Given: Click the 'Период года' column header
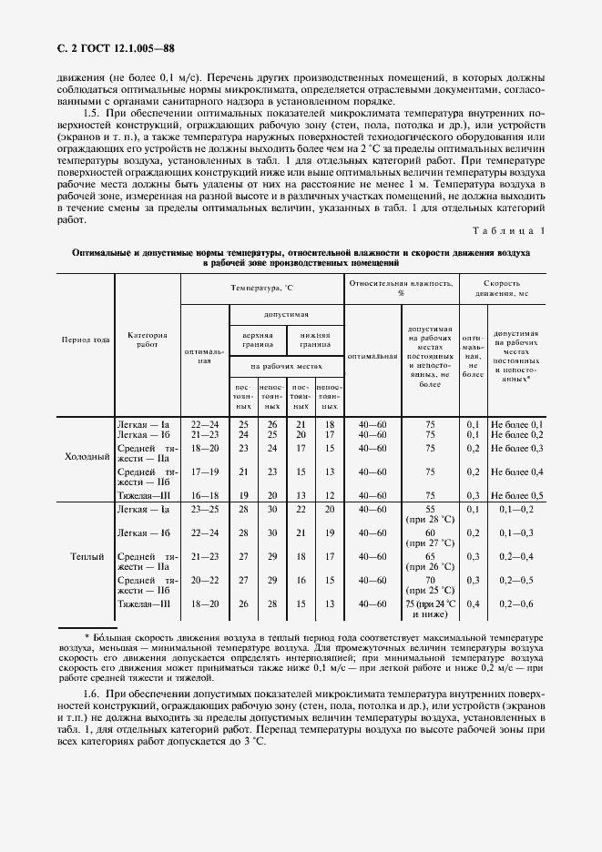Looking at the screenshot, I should [x=86, y=340].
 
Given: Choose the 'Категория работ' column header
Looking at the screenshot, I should [x=148, y=340].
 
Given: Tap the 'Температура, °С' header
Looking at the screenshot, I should [x=261, y=287].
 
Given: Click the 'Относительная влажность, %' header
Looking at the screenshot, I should [x=400, y=288].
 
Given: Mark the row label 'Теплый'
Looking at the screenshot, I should [x=87, y=555].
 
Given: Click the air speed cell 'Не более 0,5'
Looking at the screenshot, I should [x=516, y=494].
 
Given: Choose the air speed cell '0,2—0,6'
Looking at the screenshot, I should [x=516, y=603].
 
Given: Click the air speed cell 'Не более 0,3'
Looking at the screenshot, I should [x=516, y=448].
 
